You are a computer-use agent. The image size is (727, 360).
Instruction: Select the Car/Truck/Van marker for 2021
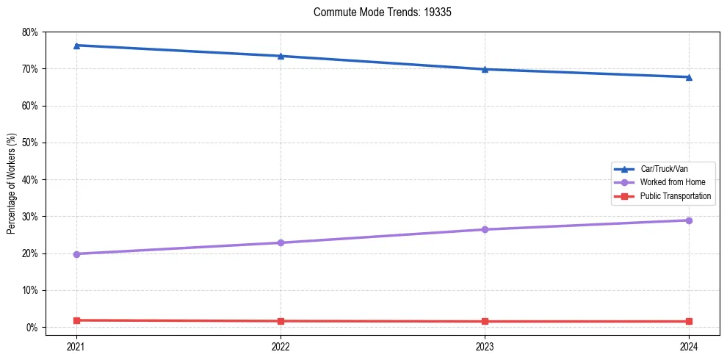(x=76, y=46)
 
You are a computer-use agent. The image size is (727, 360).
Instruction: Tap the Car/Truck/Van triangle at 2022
(x=281, y=56)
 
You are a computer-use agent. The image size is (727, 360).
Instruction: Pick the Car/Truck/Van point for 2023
(x=485, y=69)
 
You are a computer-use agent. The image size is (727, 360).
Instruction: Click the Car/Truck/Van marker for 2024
(x=689, y=77)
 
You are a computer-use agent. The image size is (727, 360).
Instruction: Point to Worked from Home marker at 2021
(x=76, y=254)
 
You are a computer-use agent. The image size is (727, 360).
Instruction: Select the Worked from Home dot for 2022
(x=281, y=242)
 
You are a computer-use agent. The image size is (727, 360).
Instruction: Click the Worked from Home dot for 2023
(x=485, y=229)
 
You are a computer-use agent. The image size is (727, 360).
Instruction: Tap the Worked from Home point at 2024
(x=689, y=220)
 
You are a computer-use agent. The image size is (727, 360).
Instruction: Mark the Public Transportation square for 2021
(x=76, y=320)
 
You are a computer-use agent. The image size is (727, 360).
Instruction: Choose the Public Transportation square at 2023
(x=485, y=321)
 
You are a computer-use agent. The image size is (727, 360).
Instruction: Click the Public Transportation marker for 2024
(x=689, y=321)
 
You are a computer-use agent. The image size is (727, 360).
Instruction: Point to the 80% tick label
(x=30, y=32)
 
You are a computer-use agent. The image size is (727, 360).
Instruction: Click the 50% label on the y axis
(x=30, y=143)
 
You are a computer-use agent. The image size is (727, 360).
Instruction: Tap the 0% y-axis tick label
(x=32, y=327)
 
